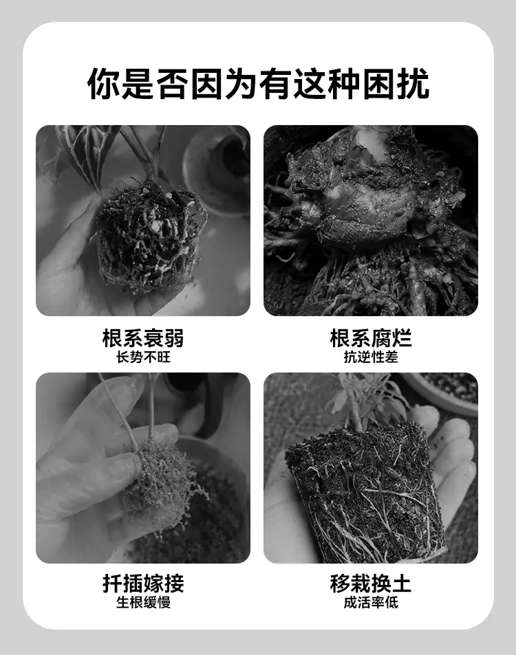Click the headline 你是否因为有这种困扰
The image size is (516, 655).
[258, 84]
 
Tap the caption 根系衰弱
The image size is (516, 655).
[143, 338]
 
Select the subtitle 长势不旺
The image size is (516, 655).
[143, 357]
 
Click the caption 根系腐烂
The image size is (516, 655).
[370, 338]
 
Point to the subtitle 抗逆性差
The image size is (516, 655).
[370, 357]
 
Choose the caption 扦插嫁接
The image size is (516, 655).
[143, 583]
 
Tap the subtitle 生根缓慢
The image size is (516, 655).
[143, 602]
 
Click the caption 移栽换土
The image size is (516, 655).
[370, 583]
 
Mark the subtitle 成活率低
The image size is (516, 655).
[370, 602]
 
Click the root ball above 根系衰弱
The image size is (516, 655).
[151, 236]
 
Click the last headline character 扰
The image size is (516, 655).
[413, 84]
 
